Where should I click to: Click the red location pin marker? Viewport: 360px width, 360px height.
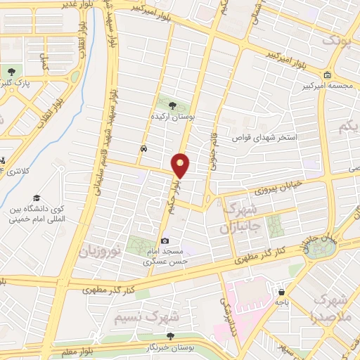coord(181,165)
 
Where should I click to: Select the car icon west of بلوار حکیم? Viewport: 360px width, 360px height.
coord(144,149)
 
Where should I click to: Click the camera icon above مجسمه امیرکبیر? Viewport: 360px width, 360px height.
coord(328,75)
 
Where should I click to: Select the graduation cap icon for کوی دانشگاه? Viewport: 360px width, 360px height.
coord(36,198)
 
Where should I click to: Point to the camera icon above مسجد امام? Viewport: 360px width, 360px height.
coord(165,240)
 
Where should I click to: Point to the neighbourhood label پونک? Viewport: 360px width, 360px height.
coord(335,40)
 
